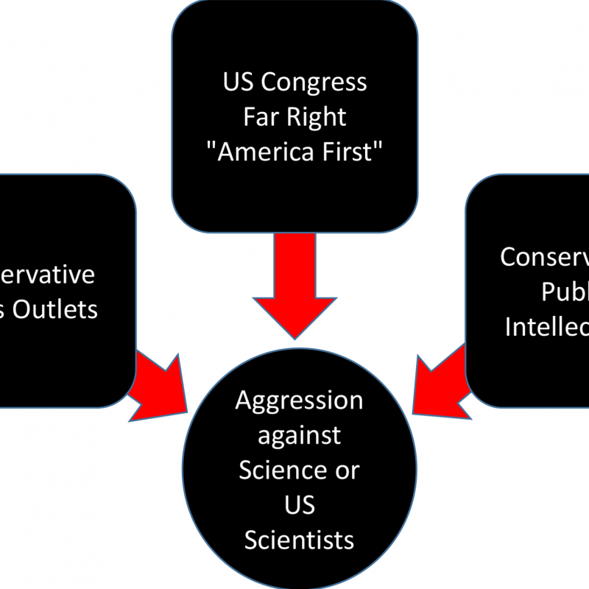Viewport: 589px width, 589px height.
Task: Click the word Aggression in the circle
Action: point(299,402)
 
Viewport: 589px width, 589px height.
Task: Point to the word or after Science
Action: point(348,470)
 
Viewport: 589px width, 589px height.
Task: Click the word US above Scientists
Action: point(299,504)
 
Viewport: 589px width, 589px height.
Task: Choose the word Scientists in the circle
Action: point(299,540)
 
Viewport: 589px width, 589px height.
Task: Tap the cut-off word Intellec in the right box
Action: point(546,326)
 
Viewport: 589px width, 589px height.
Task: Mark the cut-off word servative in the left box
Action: point(47,275)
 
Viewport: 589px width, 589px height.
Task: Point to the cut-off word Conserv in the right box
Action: point(544,258)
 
